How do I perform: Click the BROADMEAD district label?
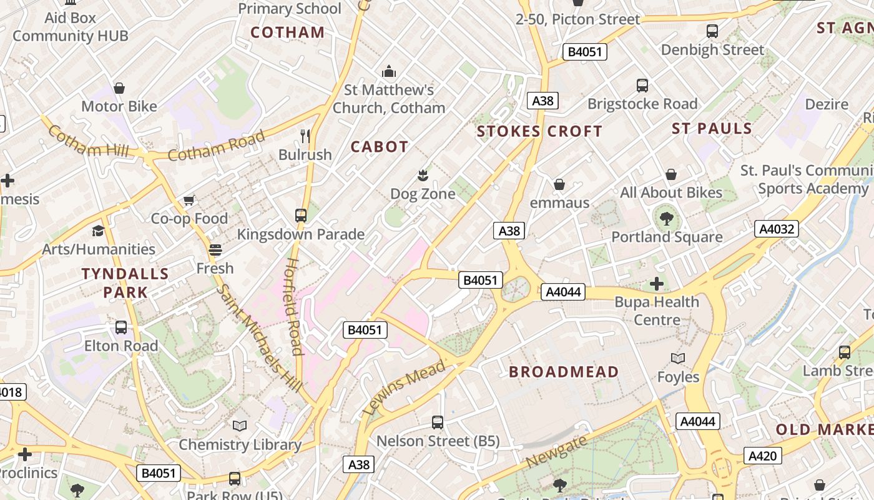(564, 372)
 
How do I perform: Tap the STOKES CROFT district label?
(539, 131)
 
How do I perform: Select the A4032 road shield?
(776, 229)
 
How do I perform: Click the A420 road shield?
(762, 456)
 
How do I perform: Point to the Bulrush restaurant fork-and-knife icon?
(305, 136)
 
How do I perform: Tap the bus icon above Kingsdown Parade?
(301, 216)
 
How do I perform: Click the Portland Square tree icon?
(667, 218)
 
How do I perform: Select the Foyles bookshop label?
(678, 377)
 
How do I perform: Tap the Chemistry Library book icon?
(240, 426)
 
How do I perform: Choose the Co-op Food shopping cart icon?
(189, 200)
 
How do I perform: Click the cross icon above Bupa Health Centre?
(657, 284)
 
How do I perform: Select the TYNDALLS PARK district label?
(125, 282)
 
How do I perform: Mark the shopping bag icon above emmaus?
(559, 184)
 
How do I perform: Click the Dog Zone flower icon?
(423, 175)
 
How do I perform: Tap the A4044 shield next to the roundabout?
(562, 291)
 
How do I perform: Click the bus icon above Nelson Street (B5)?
(438, 422)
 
